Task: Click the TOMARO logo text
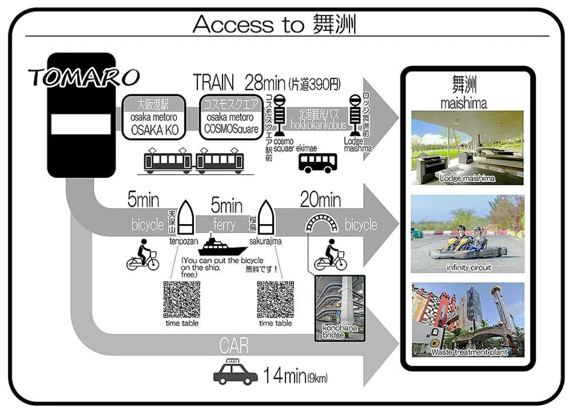84,76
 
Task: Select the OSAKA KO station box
153,117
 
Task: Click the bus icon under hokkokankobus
317,162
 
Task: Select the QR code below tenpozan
181,299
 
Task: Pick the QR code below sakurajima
275,299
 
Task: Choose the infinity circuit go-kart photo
467,234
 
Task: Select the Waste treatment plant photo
468,320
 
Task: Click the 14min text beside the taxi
285,376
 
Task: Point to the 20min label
320,200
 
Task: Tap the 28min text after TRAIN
265,83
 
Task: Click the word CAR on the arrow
234,345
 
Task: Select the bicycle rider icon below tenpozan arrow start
142,257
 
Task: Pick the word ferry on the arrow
224,225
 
